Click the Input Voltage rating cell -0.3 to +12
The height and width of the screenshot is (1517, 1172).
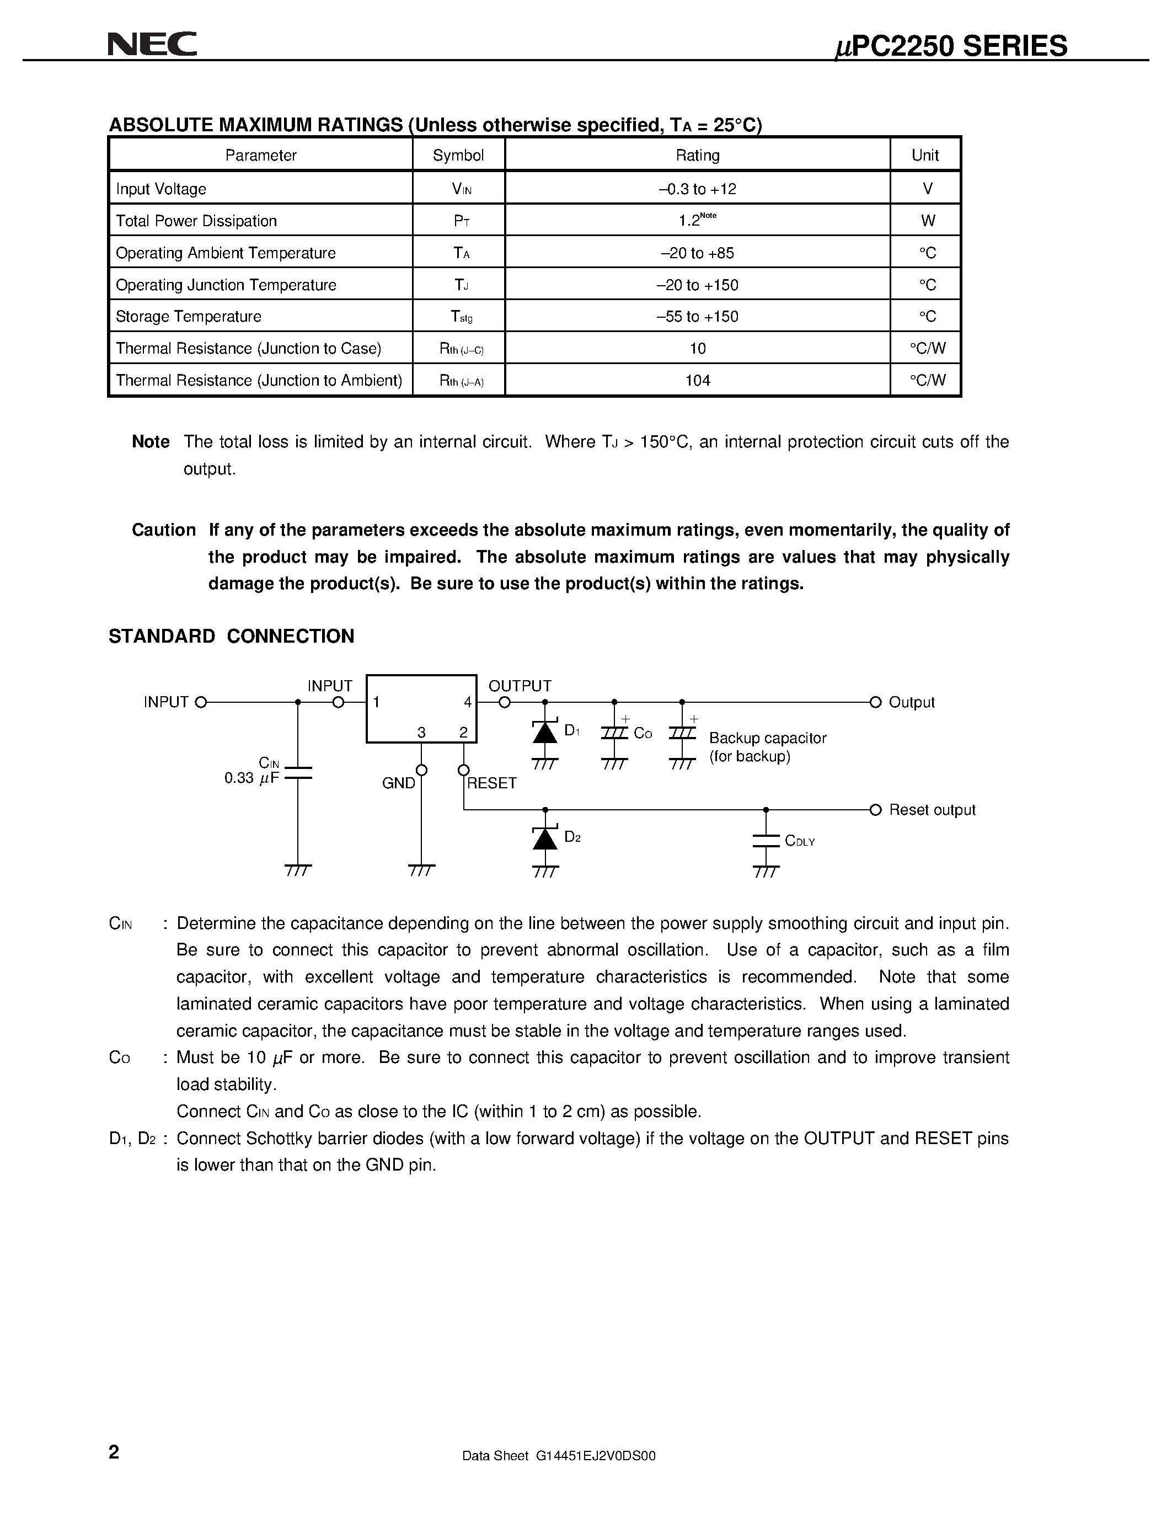coord(697,189)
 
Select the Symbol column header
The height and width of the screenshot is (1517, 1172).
coord(458,156)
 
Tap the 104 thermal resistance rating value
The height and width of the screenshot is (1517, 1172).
coord(697,381)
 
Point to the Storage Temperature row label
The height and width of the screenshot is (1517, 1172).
coord(188,317)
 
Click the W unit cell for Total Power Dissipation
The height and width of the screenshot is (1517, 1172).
coord(927,221)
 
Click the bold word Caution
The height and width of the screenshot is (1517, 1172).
coord(164,530)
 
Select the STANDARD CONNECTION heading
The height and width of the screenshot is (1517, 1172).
coord(231,636)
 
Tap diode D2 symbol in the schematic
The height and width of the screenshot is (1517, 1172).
coord(545,839)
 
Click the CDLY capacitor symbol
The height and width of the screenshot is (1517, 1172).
coord(766,841)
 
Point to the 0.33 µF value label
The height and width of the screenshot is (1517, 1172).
coord(250,778)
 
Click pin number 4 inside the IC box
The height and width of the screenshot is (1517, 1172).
coord(468,702)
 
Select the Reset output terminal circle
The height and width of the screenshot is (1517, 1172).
coord(875,810)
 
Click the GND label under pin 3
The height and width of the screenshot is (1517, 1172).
coord(399,783)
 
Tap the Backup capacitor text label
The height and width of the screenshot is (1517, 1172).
coord(767,738)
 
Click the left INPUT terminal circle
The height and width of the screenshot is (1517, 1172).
coord(201,702)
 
